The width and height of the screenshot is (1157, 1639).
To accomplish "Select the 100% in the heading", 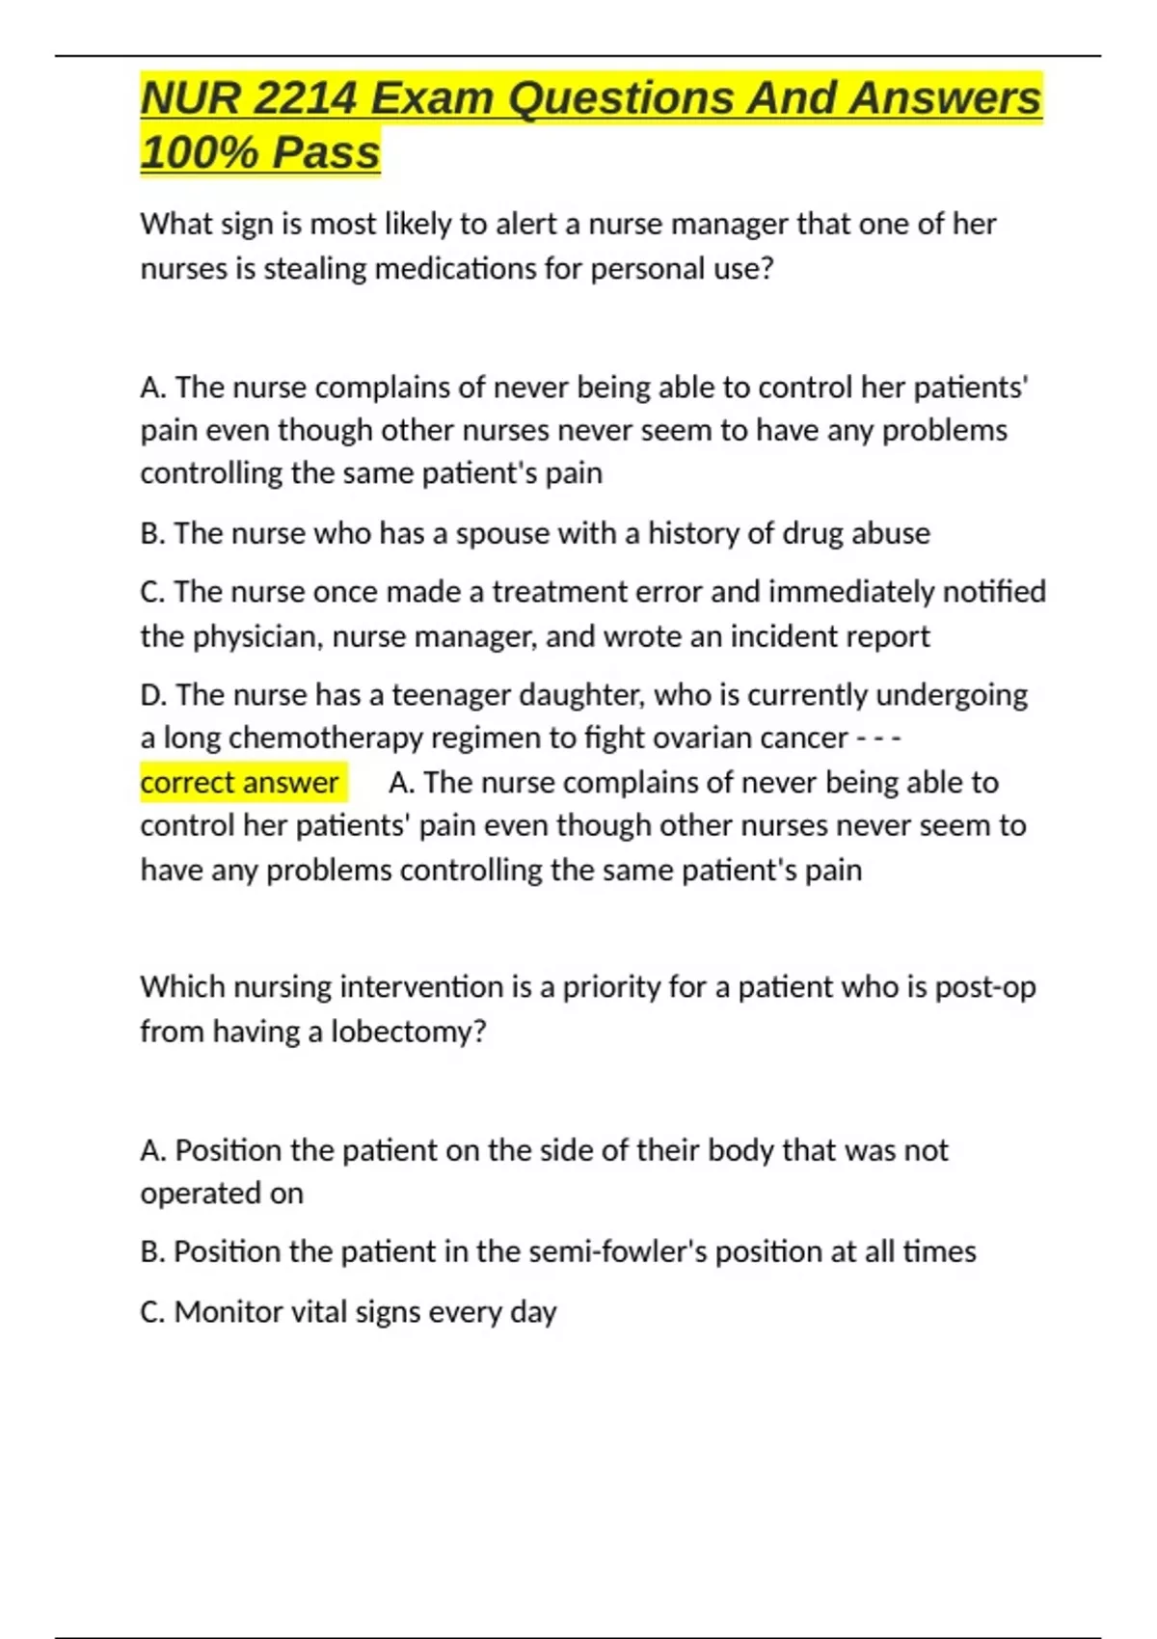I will point(197,152).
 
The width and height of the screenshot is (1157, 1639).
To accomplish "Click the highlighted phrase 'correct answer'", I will point(240,782).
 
